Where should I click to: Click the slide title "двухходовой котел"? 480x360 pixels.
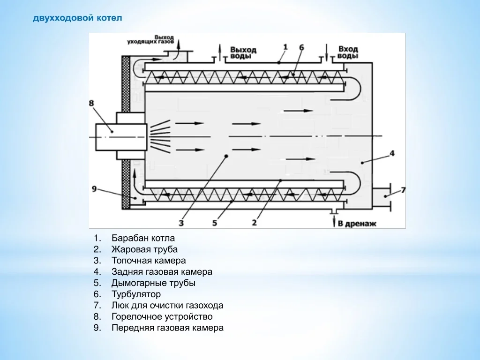pyautogui.click(x=77, y=18)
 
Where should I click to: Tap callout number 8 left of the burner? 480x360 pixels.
pyautogui.click(x=91, y=103)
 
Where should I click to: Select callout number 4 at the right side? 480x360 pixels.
pyautogui.click(x=392, y=153)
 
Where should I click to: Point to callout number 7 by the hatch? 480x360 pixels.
pyautogui.click(x=403, y=190)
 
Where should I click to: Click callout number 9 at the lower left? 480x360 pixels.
pyautogui.click(x=94, y=189)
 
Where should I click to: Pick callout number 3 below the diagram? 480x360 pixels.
pyautogui.click(x=181, y=223)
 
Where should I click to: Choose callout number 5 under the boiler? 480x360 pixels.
pyautogui.click(x=215, y=223)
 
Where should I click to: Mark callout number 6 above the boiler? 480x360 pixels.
pyautogui.click(x=301, y=47)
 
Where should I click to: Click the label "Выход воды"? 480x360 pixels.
pyautogui.click(x=243, y=52)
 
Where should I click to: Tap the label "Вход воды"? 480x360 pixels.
pyautogui.click(x=348, y=52)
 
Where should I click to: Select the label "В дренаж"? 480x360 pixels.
pyautogui.click(x=357, y=224)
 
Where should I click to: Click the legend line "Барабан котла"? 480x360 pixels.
pyautogui.click(x=143, y=238)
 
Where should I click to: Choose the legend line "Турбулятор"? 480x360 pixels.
pyautogui.click(x=136, y=294)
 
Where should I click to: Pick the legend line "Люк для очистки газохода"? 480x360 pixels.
pyautogui.click(x=167, y=306)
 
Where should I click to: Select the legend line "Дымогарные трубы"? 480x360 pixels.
pyautogui.click(x=153, y=283)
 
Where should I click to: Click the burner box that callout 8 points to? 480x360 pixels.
pyautogui.click(x=121, y=136)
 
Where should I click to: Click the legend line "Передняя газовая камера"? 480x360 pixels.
pyautogui.click(x=167, y=328)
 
